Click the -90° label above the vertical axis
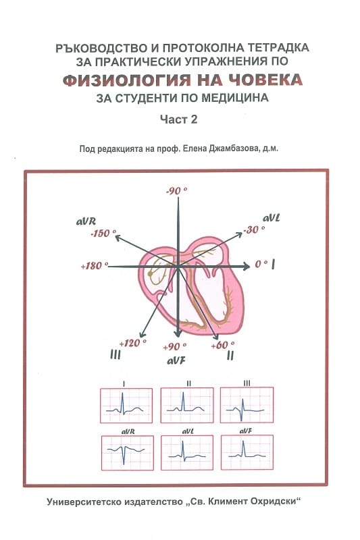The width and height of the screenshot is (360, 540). (x=177, y=190)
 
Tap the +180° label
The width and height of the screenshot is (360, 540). (x=94, y=266)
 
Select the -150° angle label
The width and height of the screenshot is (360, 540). (x=103, y=234)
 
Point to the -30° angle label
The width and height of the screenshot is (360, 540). (x=254, y=230)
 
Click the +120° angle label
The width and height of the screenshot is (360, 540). (x=133, y=343)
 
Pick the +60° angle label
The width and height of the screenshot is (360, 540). (x=223, y=345)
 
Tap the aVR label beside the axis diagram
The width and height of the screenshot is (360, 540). (x=86, y=221)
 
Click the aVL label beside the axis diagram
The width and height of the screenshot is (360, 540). (x=272, y=218)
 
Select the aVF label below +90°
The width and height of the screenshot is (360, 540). (x=176, y=360)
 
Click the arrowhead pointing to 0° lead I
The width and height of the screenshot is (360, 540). (x=247, y=266)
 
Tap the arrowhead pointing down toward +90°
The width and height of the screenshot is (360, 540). (x=178, y=333)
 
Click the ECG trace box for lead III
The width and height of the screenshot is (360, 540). (x=247, y=405)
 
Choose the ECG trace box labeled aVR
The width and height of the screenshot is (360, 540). (x=128, y=453)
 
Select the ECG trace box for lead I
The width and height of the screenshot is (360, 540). (x=126, y=406)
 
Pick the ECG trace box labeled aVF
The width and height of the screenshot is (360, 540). (x=247, y=452)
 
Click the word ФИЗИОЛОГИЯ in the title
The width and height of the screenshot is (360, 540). (x=127, y=80)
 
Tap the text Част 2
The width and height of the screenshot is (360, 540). (x=179, y=119)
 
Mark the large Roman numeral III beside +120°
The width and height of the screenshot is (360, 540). (x=115, y=354)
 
